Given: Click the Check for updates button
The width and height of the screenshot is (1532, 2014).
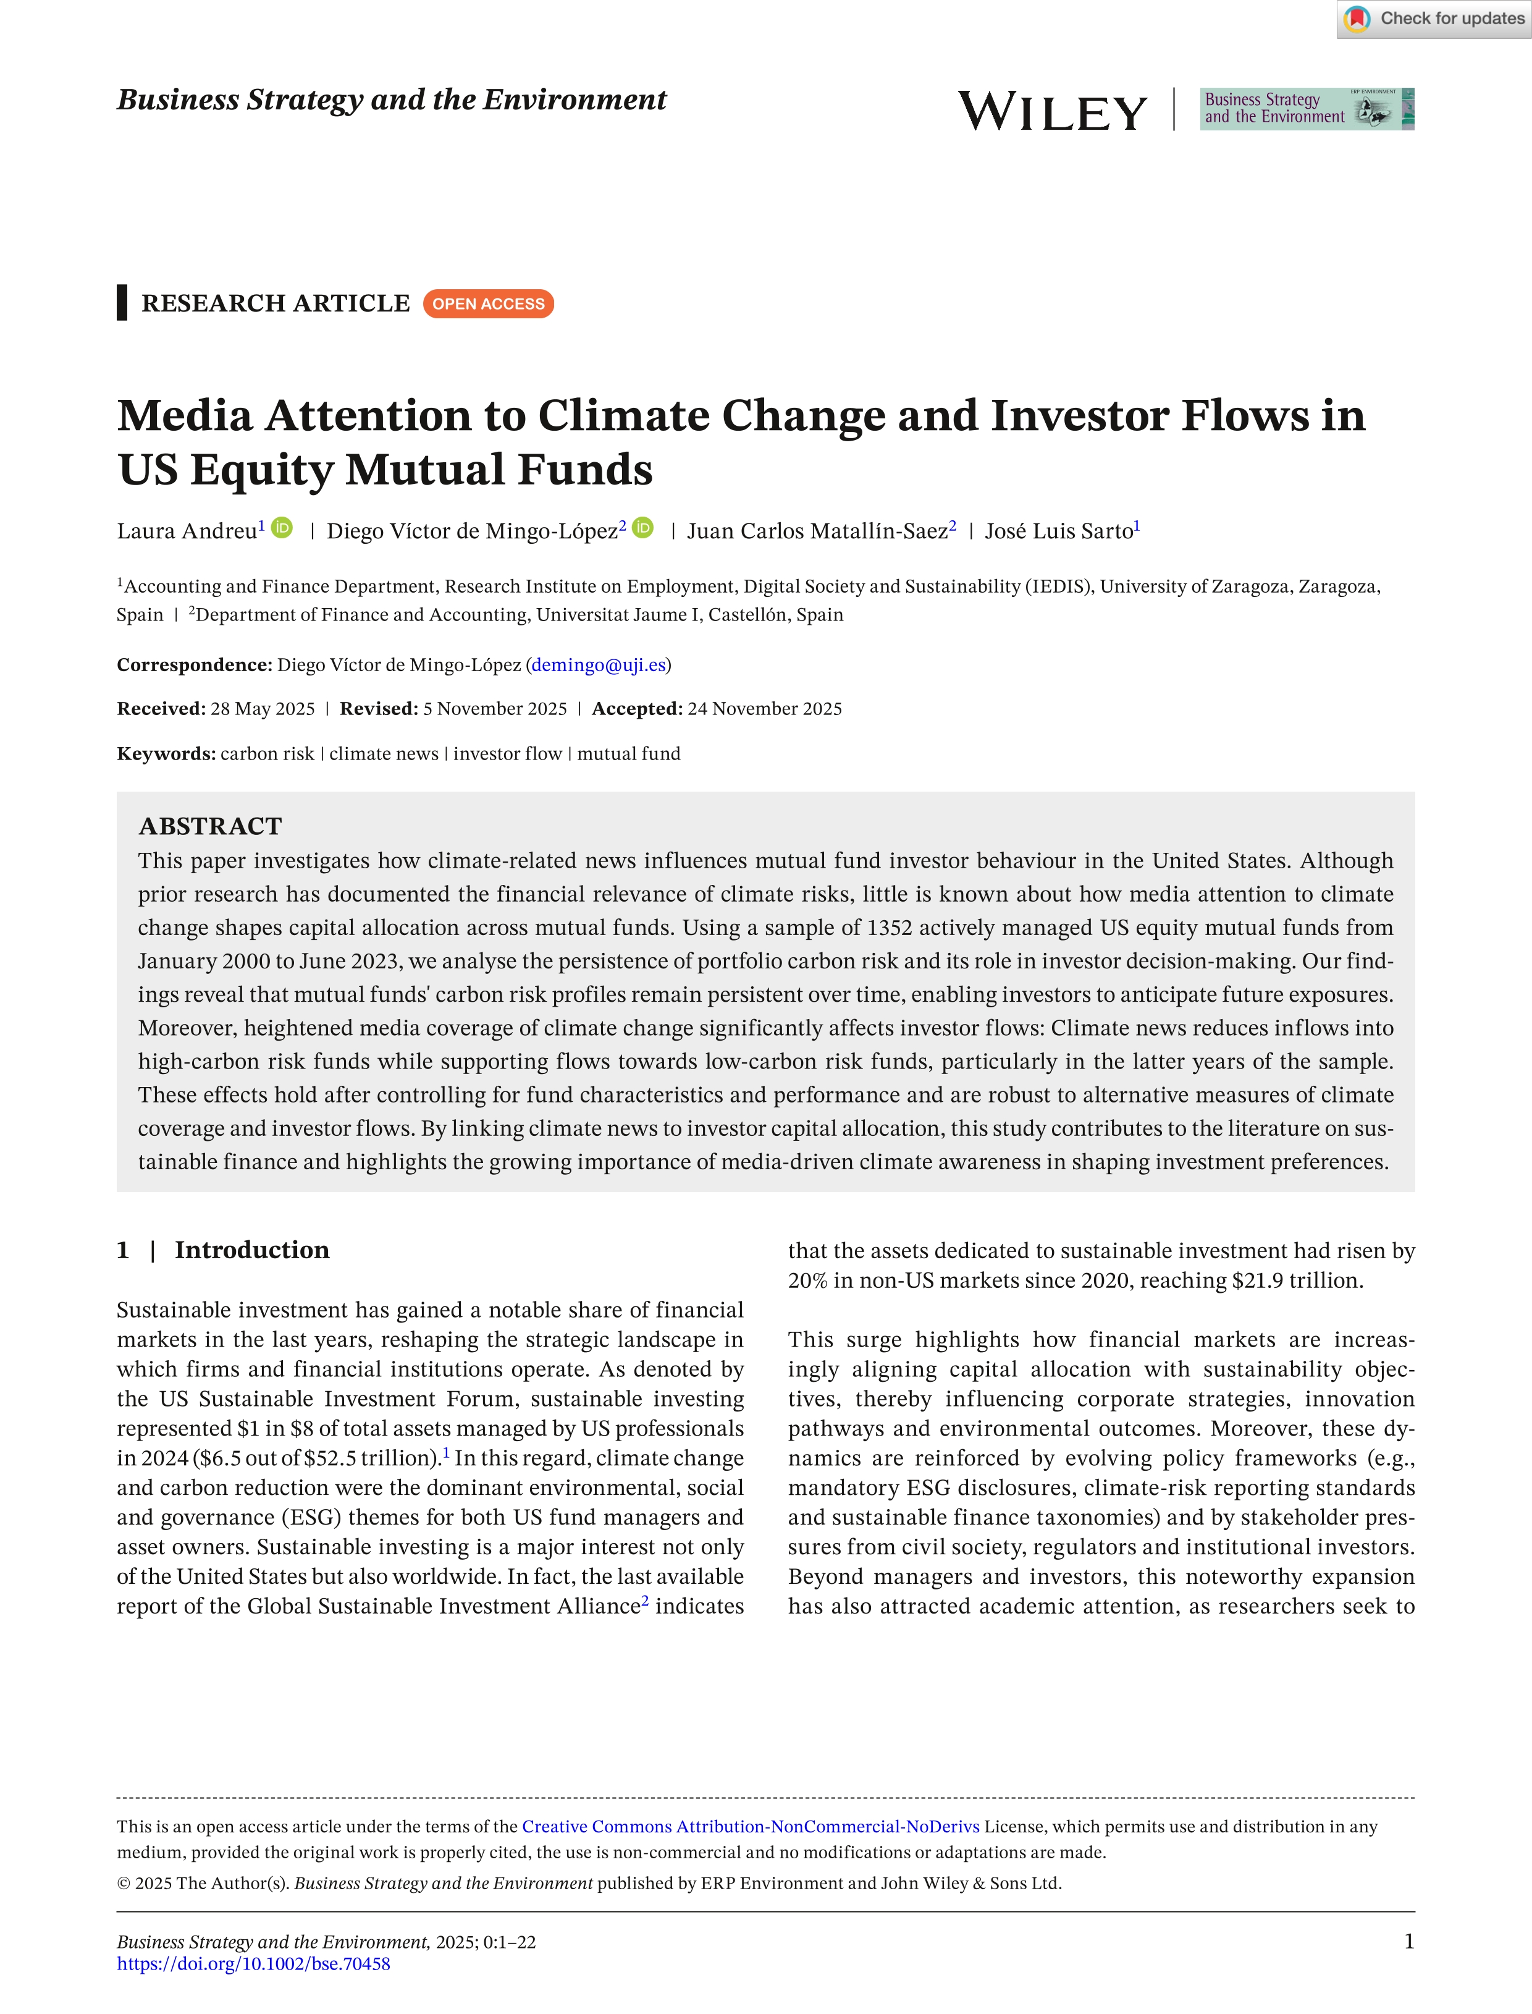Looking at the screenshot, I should (1434, 19).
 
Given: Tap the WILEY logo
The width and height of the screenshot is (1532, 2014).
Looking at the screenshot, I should (1053, 111).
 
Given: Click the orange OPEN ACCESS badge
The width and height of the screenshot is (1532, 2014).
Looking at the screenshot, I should (488, 304).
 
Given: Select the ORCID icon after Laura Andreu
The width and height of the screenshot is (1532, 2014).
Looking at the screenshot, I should (283, 528).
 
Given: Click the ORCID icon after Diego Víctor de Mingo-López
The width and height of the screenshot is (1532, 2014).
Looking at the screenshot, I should (643, 528).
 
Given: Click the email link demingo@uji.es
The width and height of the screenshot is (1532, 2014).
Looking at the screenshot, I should (598, 665).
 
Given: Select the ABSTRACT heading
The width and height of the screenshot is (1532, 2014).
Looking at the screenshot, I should (210, 826).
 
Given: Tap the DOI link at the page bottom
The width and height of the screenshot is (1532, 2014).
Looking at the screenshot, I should (253, 1964).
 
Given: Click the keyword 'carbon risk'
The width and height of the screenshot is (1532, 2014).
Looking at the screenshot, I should (267, 753).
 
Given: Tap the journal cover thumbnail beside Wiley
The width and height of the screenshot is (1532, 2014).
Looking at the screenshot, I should (1306, 109).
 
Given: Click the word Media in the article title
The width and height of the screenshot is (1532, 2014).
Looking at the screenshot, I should (184, 416).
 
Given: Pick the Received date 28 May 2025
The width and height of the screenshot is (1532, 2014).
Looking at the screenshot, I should (263, 709).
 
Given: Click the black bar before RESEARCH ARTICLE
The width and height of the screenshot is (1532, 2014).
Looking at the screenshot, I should (122, 303).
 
